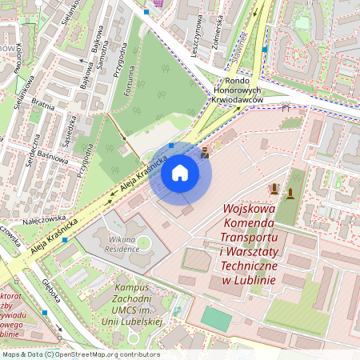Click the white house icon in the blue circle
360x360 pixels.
180,173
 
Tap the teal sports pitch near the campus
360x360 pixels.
216,318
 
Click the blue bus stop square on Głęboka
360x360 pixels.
46,313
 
